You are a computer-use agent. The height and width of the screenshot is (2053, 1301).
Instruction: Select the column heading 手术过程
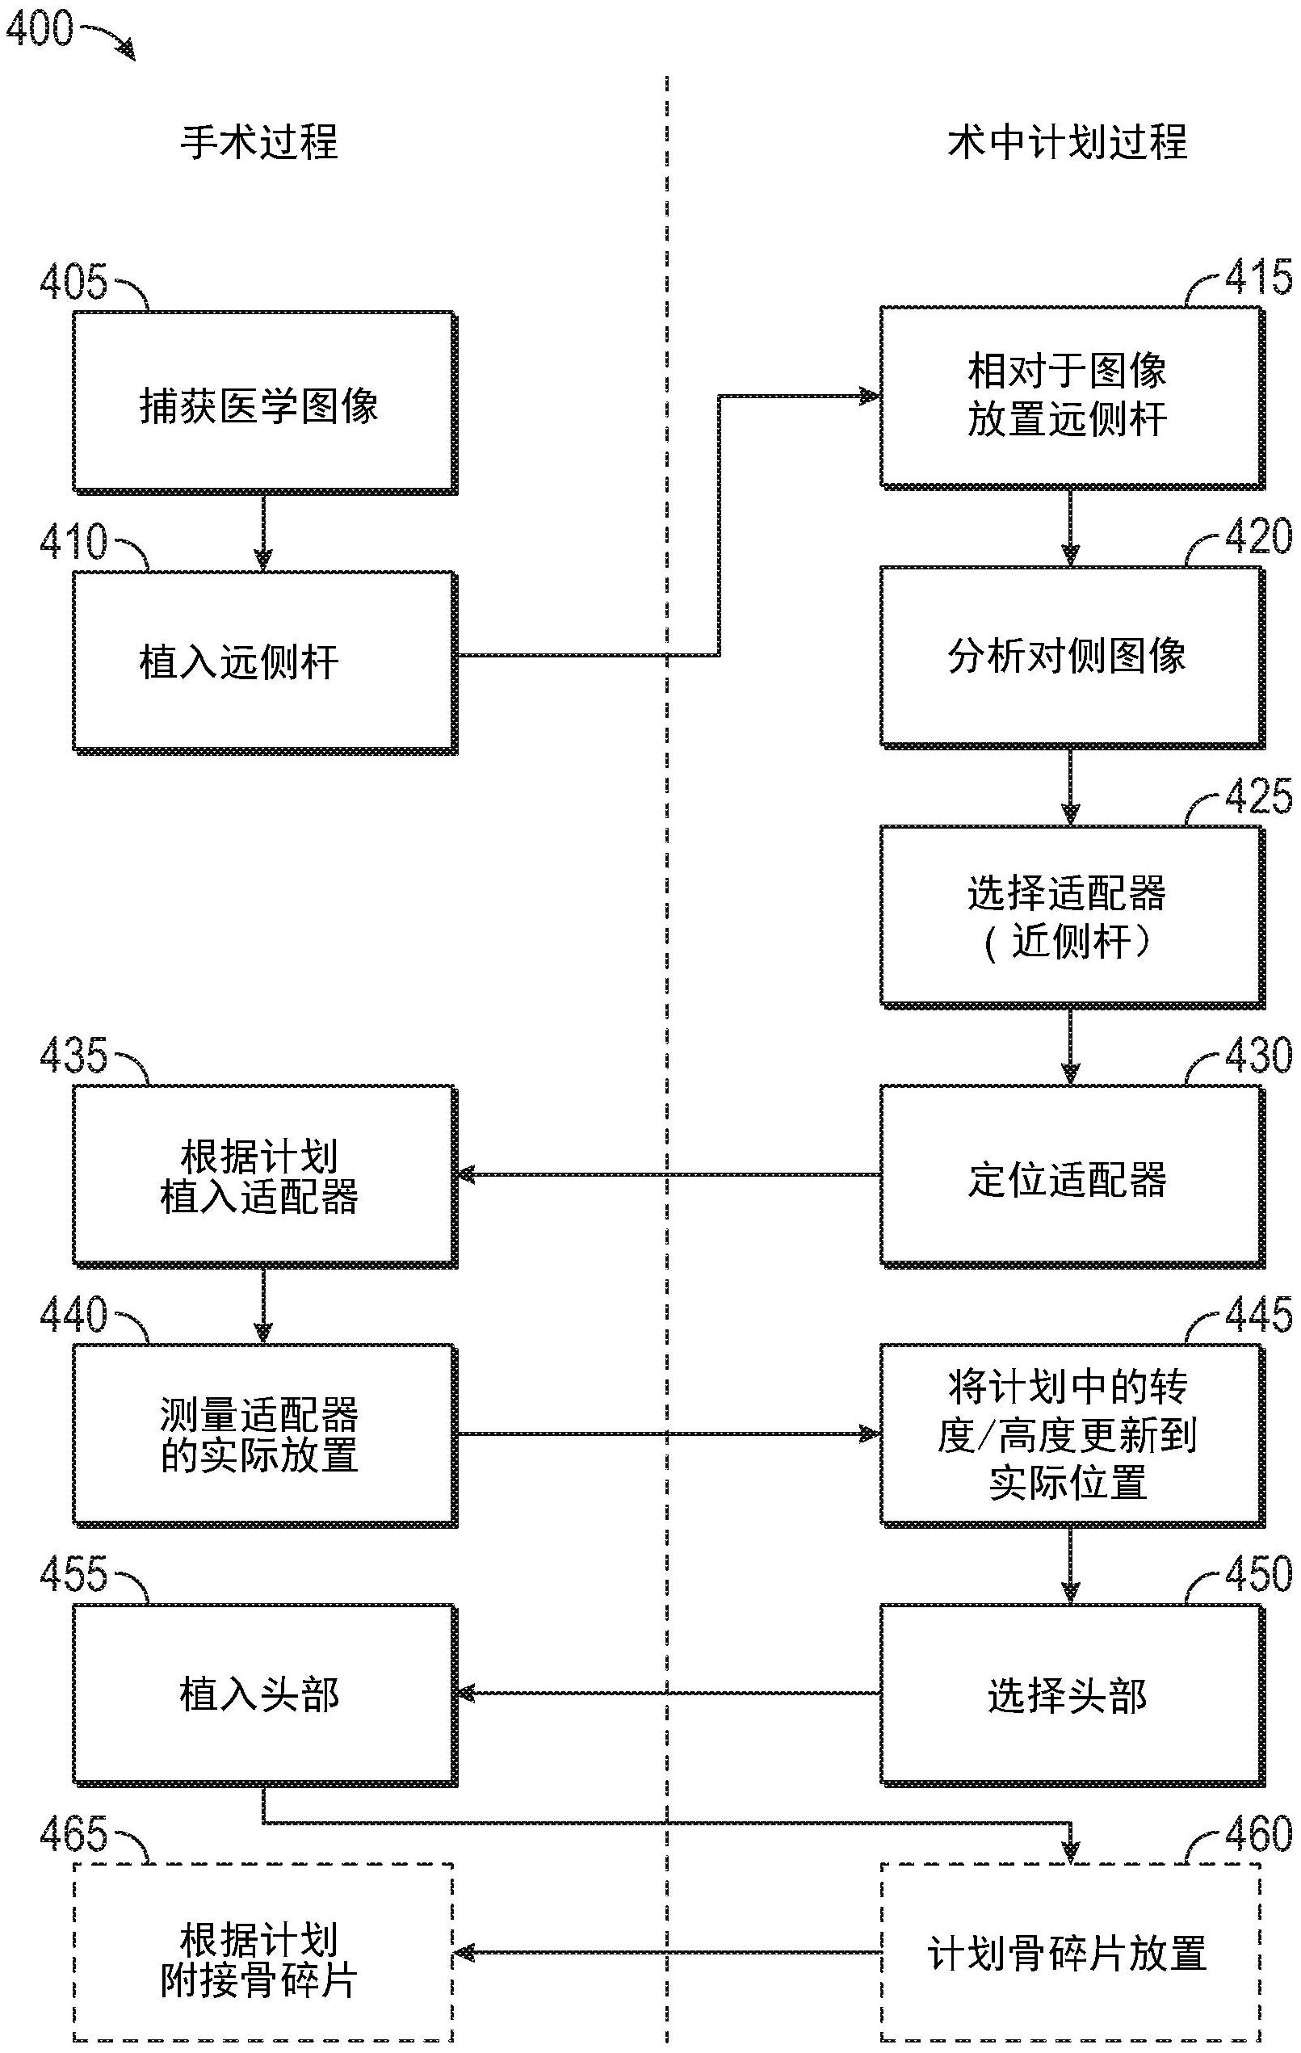click(258, 141)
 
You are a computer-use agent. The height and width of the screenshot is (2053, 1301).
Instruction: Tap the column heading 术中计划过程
click(1067, 141)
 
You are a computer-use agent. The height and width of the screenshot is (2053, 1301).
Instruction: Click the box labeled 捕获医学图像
click(262, 402)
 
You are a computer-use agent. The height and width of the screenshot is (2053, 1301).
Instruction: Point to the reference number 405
click(73, 280)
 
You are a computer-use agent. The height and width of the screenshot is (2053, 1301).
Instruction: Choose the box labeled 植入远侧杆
click(262, 661)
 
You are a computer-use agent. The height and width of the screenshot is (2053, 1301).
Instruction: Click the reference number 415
click(1257, 277)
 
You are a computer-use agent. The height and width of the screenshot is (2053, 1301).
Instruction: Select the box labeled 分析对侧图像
click(1071, 657)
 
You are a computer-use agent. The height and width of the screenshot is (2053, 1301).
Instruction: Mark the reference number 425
click(1257, 796)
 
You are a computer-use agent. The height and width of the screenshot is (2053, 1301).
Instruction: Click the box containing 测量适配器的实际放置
click(262, 1435)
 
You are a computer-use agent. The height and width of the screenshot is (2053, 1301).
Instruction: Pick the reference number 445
click(1257, 1315)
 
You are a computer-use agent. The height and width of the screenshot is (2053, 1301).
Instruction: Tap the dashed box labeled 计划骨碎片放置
click(1071, 1952)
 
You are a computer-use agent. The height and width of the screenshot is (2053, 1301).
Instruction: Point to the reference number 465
click(73, 1834)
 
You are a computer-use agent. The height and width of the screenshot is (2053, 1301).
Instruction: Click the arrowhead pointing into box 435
click(466, 1175)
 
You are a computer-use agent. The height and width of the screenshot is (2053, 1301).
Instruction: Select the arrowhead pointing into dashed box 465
click(464, 1952)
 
